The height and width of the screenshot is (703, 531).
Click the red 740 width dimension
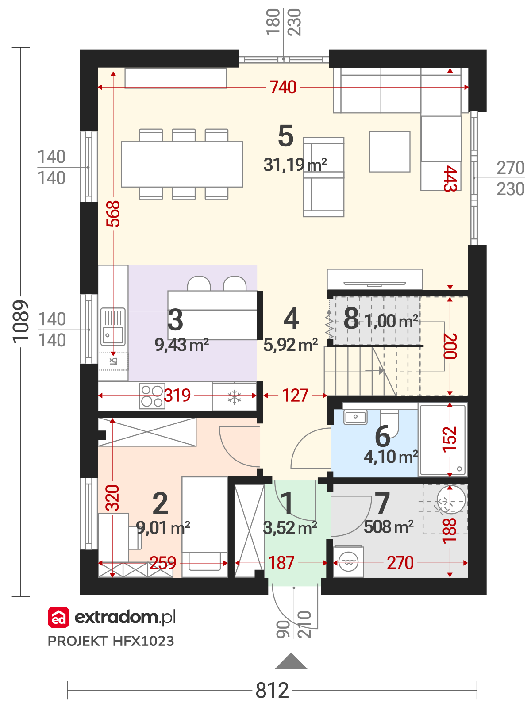click(x=282, y=87)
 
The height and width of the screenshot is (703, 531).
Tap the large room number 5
click(x=285, y=136)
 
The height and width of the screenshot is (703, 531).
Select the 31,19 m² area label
click(x=295, y=165)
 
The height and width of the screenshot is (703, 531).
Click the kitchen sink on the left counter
click(x=112, y=327)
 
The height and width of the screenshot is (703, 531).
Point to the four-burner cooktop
click(x=152, y=396)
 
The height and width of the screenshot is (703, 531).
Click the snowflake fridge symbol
click(x=234, y=397)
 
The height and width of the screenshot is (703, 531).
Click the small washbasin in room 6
click(x=355, y=417)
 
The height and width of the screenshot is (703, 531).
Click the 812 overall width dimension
click(x=272, y=690)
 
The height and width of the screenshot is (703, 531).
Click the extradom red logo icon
click(x=58, y=617)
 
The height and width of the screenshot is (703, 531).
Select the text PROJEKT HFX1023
click(x=111, y=641)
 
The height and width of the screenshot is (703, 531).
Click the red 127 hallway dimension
click(x=295, y=395)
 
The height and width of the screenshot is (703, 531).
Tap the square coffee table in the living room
click(x=389, y=151)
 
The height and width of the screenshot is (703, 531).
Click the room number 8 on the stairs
click(x=351, y=318)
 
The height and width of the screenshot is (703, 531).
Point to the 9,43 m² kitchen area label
click(x=181, y=345)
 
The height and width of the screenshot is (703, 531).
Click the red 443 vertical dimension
click(x=450, y=178)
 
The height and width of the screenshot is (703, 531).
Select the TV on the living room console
click(x=374, y=284)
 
